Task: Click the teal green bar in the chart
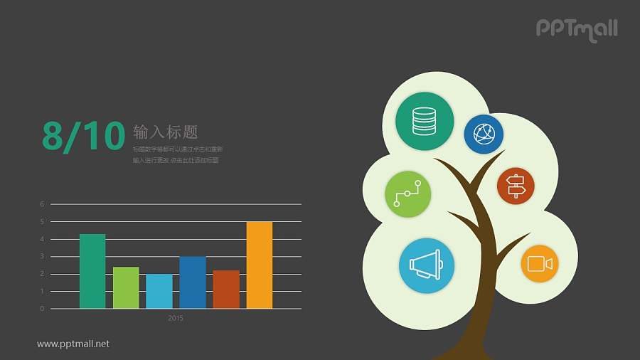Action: (92, 271)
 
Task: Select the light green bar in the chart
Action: (126, 287)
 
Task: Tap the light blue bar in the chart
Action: (159, 291)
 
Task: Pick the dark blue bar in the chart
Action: (193, 282)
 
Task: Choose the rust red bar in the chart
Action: (226, 289)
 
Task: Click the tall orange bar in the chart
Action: (260, 265)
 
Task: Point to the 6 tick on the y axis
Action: (42, 204)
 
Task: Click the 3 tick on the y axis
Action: (42, 256)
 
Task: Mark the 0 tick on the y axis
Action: (42, 309)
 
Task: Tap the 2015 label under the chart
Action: (176, 318)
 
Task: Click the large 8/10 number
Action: (83, 136)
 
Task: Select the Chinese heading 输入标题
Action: (165, 132)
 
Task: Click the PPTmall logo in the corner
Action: (576, 29)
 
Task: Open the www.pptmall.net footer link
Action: (73, 344)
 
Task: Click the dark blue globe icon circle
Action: (484, 134)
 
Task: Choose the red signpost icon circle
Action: (516, 186)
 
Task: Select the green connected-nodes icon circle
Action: (408, 194)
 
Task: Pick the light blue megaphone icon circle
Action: (427, 265)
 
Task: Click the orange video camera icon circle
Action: (540, 264)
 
